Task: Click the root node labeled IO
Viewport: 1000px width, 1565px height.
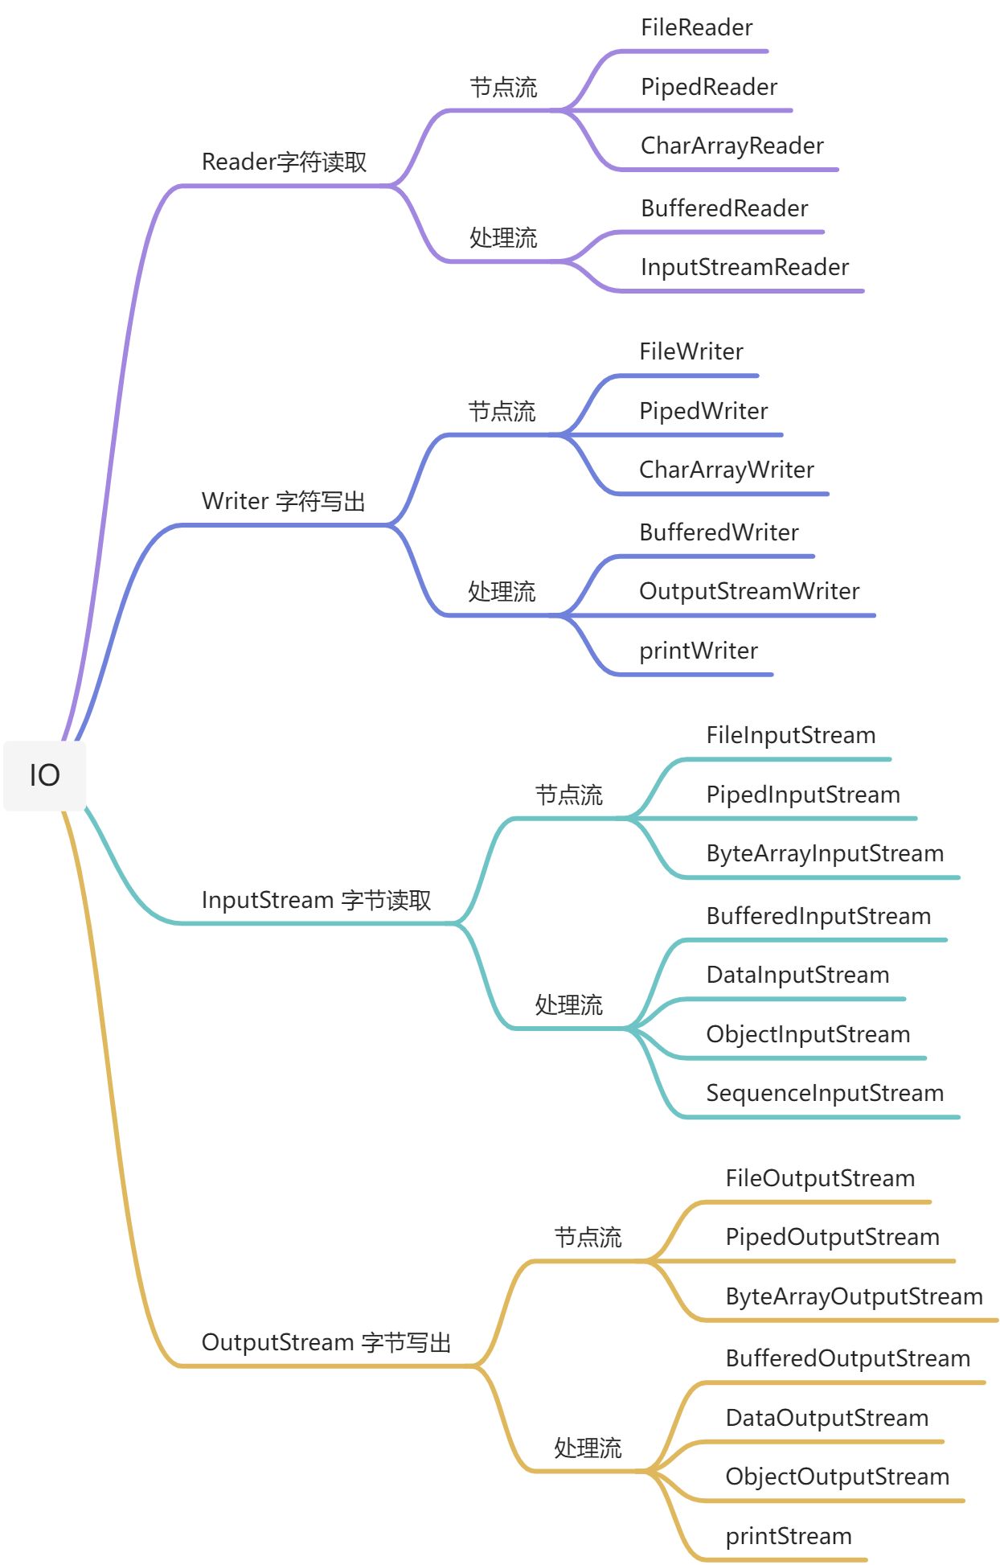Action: (45, 775)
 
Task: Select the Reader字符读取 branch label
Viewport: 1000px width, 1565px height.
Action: (284, 162)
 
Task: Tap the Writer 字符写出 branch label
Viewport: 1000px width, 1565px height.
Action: (283, 501)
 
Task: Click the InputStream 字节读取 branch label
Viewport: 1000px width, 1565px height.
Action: (316, 900)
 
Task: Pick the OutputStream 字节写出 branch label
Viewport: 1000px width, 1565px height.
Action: (326, 1342)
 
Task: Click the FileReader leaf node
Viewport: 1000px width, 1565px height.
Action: (696, 28)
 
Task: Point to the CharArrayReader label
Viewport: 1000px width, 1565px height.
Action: (732, 146)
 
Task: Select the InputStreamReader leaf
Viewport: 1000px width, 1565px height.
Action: (744, 267)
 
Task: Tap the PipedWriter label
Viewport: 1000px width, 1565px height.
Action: (703, 411)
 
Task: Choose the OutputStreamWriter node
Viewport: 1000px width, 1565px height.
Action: (749, 591)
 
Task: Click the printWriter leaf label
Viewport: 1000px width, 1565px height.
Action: (699, 651)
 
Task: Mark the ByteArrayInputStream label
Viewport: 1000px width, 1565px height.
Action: (825, 853)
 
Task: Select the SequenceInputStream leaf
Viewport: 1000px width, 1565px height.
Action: (825, 1093)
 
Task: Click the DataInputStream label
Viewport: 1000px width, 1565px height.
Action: (797, 975)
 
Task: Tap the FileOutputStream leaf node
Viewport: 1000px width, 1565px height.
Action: (820, 1178)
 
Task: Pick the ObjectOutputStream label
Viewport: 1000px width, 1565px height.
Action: (837, 1477)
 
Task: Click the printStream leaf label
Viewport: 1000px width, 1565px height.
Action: (788, 1536)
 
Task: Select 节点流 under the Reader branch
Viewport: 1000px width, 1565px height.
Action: (503, 87)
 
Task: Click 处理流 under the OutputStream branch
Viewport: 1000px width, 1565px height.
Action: (588, 1448)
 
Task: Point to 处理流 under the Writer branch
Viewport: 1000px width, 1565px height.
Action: (502, 591)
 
